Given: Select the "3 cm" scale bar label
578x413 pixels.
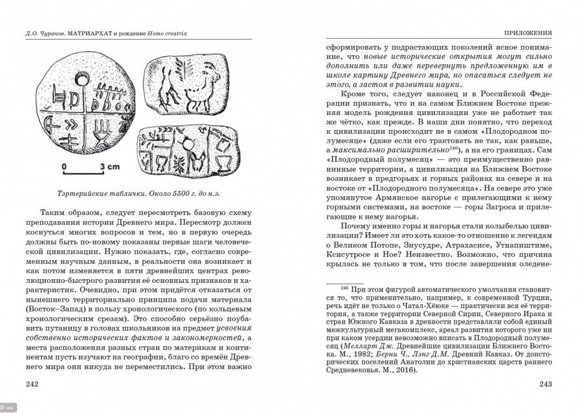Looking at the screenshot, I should tap(110, 166).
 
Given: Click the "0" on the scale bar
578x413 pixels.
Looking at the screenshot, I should tap(64, 166).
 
